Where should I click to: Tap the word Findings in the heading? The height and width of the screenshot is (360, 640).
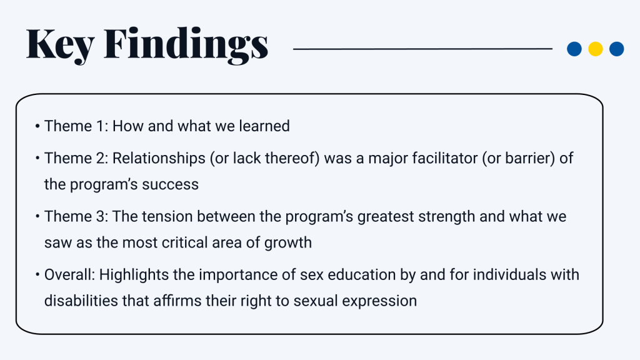(186, 45)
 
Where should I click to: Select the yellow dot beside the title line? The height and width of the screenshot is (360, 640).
(596, 49)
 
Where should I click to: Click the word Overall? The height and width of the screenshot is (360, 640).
(69, 274)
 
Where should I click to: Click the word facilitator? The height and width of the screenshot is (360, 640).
(438, 158)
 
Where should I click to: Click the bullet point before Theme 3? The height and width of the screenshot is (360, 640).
(37, 217)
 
